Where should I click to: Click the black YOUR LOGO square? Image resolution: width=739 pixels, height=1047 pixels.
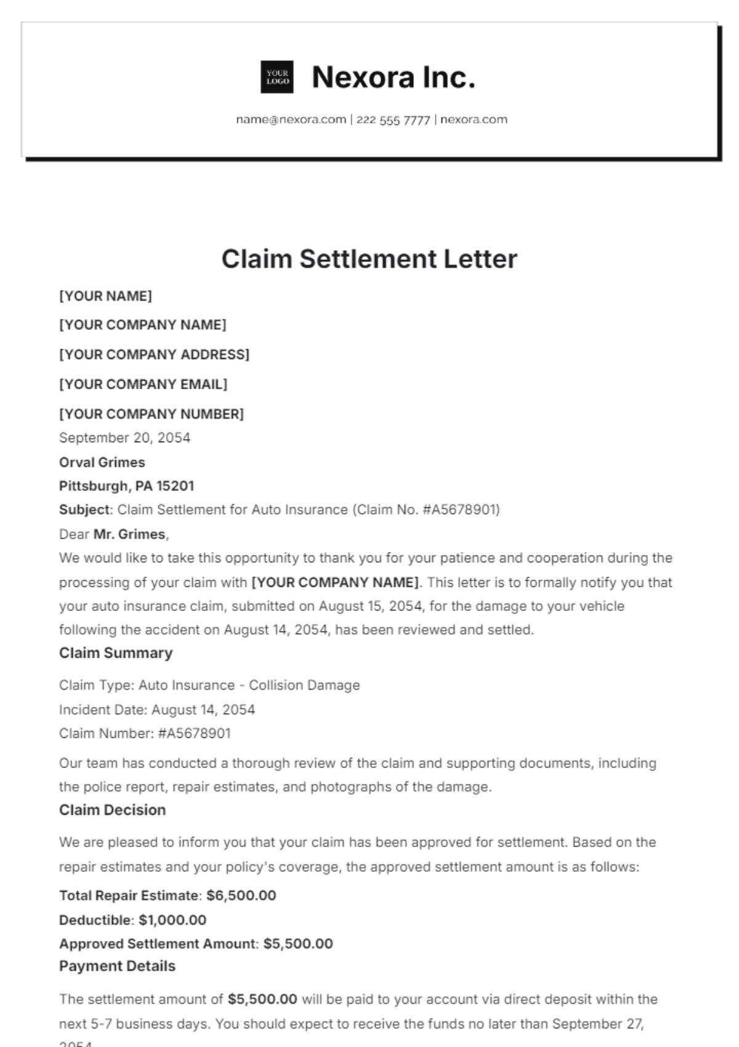[x=277, y=77]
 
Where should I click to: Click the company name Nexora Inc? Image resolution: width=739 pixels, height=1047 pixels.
[x=394, y=78]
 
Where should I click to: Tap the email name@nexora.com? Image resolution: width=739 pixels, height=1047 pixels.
[x=291, y=119]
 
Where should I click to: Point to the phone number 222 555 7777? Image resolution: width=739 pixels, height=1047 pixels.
[x=393, y=119]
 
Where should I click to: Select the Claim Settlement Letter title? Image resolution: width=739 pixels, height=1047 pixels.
[x=369, y=259]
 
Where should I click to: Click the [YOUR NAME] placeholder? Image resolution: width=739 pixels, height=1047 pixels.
[x=105, y=296]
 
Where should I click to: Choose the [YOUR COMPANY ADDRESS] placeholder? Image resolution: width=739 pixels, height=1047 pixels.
[x=154, y=355]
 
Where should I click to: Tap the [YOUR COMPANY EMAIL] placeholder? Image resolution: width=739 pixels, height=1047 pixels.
[x=143, y=384]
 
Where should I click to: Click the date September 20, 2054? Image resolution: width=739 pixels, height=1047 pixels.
[x=124, y=438]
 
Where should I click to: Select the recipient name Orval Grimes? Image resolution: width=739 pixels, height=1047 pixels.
[x=102, y=463]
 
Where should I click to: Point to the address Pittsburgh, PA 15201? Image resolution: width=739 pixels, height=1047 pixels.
[x=126, y=486]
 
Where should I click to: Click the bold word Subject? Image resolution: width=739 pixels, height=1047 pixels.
[x=84, y=510]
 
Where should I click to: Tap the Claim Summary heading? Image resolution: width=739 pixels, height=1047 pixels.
[x=116, y=653]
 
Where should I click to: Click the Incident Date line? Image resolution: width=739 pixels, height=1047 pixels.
[x=157, y=709]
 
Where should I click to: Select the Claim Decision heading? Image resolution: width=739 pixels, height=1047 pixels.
[x=112, y=810]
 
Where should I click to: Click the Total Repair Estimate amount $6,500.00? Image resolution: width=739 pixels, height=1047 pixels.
[x=241, y=895]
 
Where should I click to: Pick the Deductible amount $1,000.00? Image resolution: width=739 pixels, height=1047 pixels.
[x=172, y=920]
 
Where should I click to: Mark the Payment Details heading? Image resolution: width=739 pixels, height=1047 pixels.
[x=117, y=966]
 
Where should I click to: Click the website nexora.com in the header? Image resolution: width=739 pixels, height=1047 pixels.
[x=474, y=119]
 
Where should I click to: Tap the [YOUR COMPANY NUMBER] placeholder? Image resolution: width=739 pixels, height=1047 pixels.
[x=151, y=414]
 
